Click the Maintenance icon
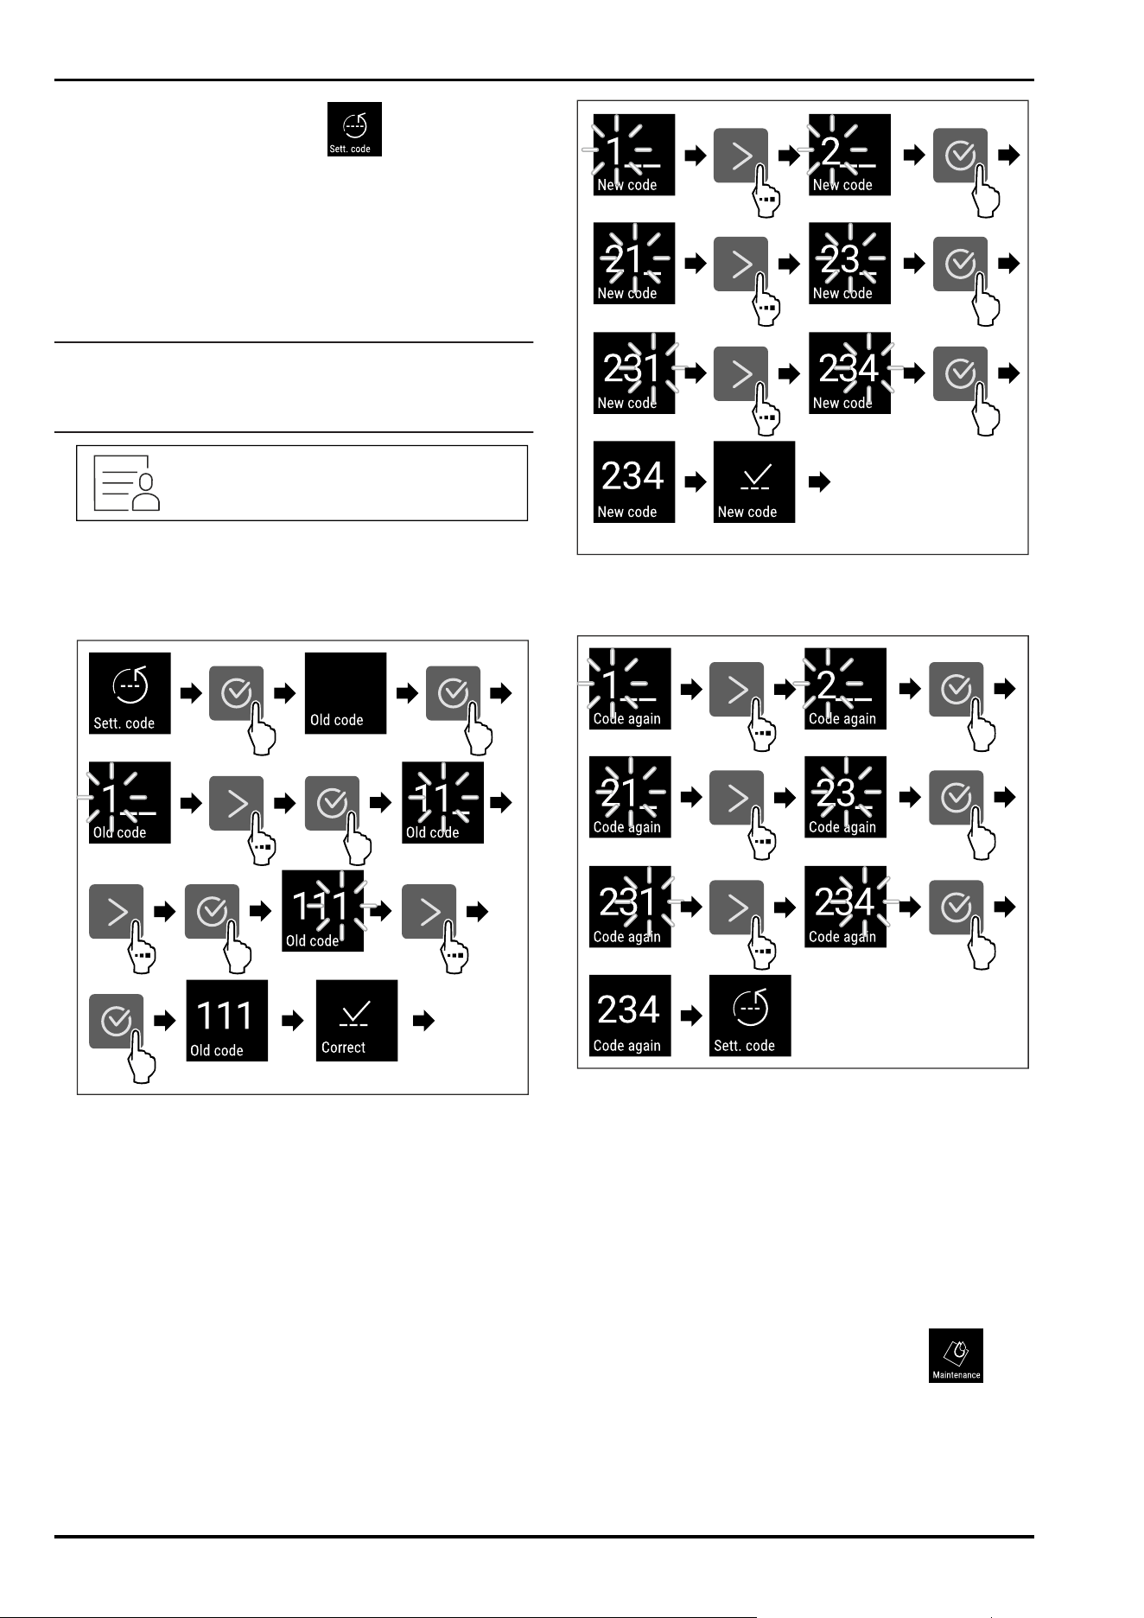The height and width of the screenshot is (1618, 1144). [956, 1355]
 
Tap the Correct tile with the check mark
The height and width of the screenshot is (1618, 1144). [357, 1020]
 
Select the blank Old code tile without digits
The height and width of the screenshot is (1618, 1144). [346, 693]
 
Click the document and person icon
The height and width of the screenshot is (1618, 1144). [126, 482]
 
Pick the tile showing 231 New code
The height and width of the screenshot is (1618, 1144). [633, 373]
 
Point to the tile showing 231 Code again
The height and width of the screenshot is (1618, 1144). [630, 907]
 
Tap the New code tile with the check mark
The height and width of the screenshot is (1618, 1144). [754, 482]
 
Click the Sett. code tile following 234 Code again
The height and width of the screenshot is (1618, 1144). [750, 1016]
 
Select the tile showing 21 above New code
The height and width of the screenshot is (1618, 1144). [633, 264]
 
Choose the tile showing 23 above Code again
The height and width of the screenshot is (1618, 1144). [845, 797]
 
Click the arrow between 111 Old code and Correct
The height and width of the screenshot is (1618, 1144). [293, 1021]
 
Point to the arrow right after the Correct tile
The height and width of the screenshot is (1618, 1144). [423, 1021]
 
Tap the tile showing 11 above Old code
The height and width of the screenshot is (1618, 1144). [443, 802]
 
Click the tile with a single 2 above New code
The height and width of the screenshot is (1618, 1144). [849, 155]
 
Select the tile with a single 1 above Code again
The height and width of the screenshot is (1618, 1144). [630, 689]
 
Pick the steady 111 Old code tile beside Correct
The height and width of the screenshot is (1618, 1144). [227, 1021]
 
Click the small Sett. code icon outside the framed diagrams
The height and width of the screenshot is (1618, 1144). [354, 130]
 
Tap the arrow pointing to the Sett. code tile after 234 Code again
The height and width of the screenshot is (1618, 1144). [691, 1016]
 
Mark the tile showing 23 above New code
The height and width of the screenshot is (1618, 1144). [849, 264]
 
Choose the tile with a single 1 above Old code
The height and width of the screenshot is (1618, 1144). [130, 802]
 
